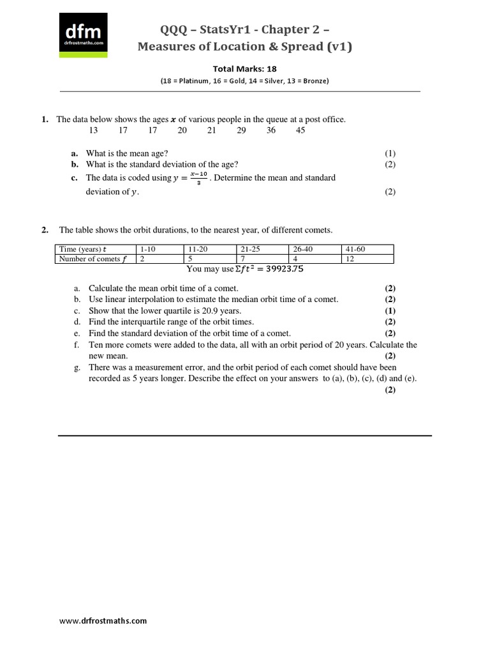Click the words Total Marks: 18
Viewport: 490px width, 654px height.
pyautogui.click(x=244, y=69)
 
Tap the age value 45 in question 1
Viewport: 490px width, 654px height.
pyautogui.click(x=301, y=130)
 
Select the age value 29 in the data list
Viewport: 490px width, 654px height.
pyautogui.click(x=241, y=130)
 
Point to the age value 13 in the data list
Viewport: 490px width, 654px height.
pyautogui.click(x=93, y=130)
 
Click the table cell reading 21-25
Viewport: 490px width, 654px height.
pyautogui.click(x=250, y=249)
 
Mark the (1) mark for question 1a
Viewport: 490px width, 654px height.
pyautogui.click(x=390, y=153)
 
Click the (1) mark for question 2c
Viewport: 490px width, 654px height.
pyautogui.click(x=390, y=310)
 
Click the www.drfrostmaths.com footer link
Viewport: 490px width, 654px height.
pyautogui.click(x=103, y=620)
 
